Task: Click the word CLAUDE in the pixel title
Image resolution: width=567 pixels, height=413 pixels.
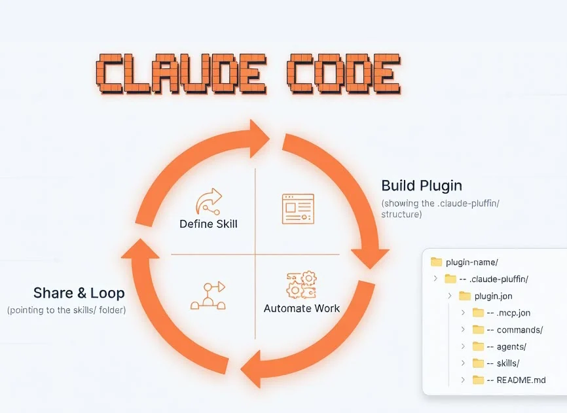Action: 181,74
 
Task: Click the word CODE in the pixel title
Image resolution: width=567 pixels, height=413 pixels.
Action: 344,74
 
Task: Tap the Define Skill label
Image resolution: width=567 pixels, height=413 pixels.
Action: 209,224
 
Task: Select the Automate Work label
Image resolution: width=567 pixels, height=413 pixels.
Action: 302,308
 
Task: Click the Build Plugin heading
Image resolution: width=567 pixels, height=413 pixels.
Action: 422,185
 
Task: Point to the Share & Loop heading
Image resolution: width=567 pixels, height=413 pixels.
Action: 79,293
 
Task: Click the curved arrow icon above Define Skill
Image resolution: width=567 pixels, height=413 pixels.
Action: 209,201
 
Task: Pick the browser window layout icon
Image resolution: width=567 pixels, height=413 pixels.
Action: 298,209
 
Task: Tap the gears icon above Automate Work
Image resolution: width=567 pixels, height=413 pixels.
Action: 302,285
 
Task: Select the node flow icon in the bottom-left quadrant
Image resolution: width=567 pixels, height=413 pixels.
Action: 208,296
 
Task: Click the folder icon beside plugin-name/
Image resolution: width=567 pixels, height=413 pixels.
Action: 437,262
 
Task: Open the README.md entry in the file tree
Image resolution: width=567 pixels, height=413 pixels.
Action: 521,380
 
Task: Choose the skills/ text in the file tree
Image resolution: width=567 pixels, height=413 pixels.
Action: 508,363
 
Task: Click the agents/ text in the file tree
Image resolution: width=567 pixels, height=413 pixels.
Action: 511,346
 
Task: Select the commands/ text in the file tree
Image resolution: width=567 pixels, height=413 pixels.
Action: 520,329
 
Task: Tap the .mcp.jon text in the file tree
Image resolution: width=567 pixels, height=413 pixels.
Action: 513,313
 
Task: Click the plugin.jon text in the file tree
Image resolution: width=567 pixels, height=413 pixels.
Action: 493,296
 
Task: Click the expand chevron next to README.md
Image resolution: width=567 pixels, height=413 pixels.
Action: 463,380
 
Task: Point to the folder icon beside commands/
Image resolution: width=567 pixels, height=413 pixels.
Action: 478,329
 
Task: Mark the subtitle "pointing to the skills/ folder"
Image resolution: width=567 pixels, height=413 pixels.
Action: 67,310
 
